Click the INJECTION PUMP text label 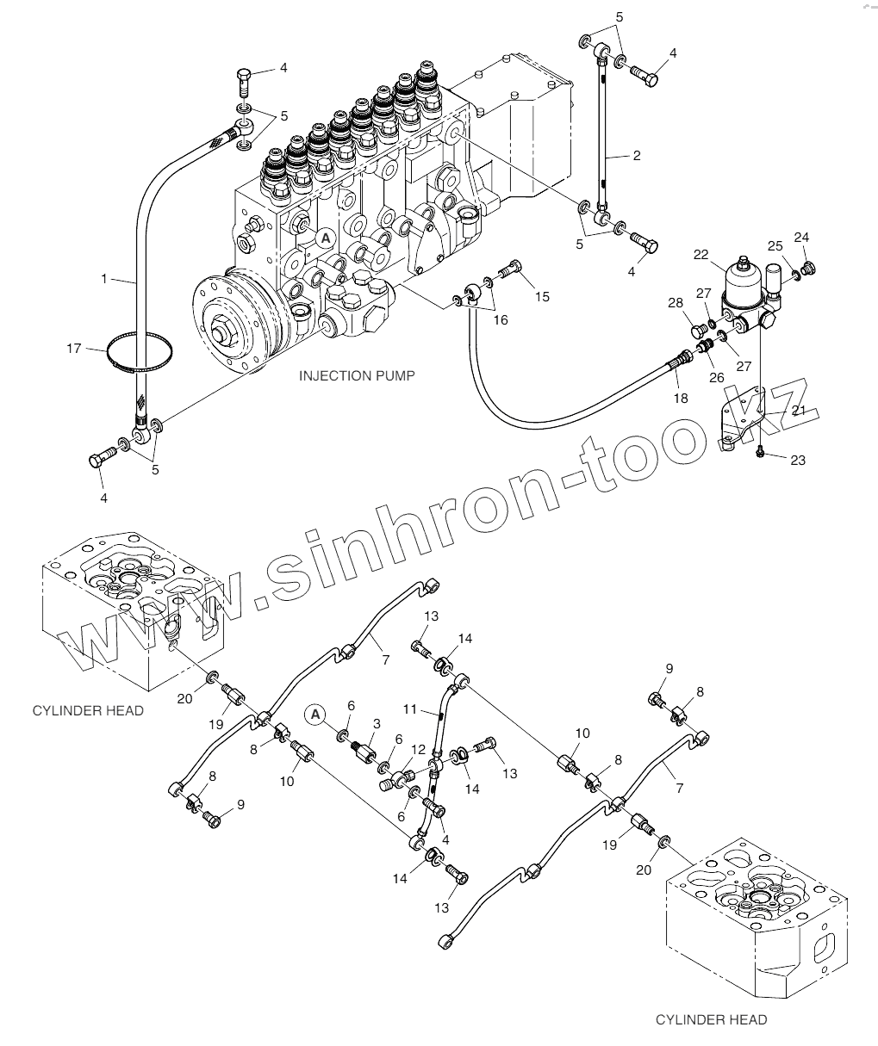click(x=357, y=376)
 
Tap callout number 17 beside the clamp click(x=74, y=349)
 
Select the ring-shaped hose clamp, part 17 click(x=140, y=352)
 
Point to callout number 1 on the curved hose click(x=104, y=279)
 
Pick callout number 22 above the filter click(x=700, y=254)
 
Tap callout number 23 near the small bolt click(x=798, y=461)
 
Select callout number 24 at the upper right click(x=801, y=237)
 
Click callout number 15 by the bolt click(x=541, y=297)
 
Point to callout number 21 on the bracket click(x=798, y=411)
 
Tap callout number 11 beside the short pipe click(x=411, y=710)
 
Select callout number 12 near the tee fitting click(x=418, y=749)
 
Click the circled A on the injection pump click(x=325, y=237)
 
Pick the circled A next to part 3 click(x=316, y=713)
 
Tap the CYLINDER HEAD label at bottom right click(x=711, y=1020)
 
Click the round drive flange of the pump click(x=231, y=325)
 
